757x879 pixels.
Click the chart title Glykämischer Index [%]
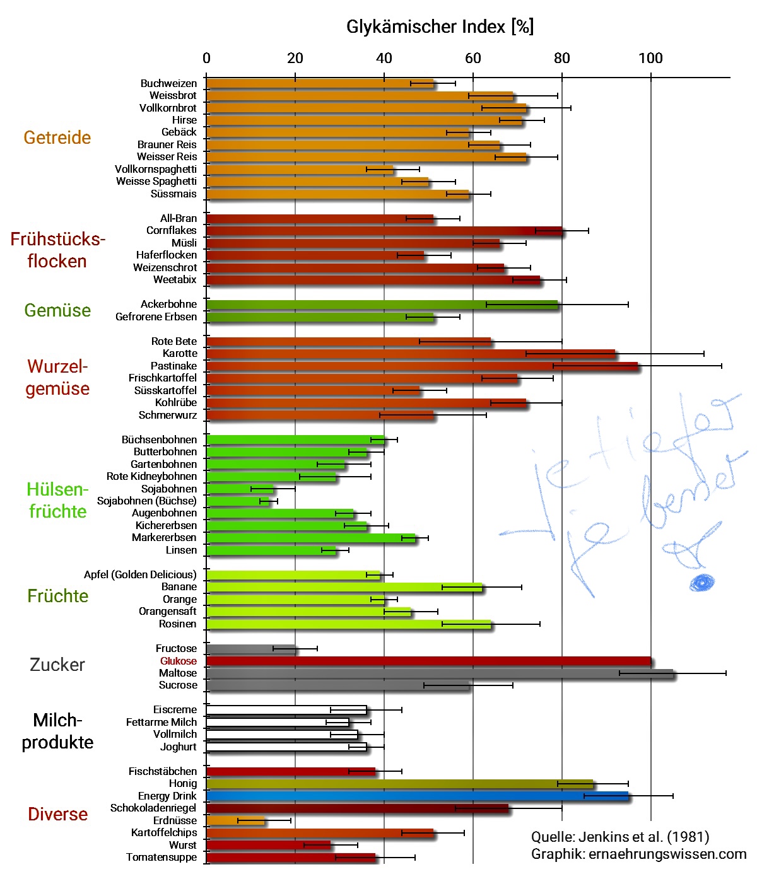(x=440, y=27)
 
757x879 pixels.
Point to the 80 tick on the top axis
(x=561, y=59)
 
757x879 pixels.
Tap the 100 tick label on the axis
(x=650, y=59)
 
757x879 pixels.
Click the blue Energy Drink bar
(x=416, y=796)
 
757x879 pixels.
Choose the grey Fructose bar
(x=250, y=649)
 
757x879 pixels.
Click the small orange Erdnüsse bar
(x=235, y=820)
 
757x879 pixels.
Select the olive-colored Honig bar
(x=399, y=784)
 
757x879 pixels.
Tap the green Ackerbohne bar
(x=381, y=305)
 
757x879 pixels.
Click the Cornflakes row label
(x=171, y=231)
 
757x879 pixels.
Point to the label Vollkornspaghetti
(x=155, y=169)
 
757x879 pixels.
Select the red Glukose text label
(x=178, y=661)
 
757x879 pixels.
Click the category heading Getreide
(x=57, y=137)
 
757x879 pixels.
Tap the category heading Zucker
(x=57, y=665)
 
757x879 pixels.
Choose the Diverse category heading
(x=57, y=814)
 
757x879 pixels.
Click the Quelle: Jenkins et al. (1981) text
(x=619, y=837)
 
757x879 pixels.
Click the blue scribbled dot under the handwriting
(x=701, y=582)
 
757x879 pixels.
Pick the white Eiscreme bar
(x=286, y=710)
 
